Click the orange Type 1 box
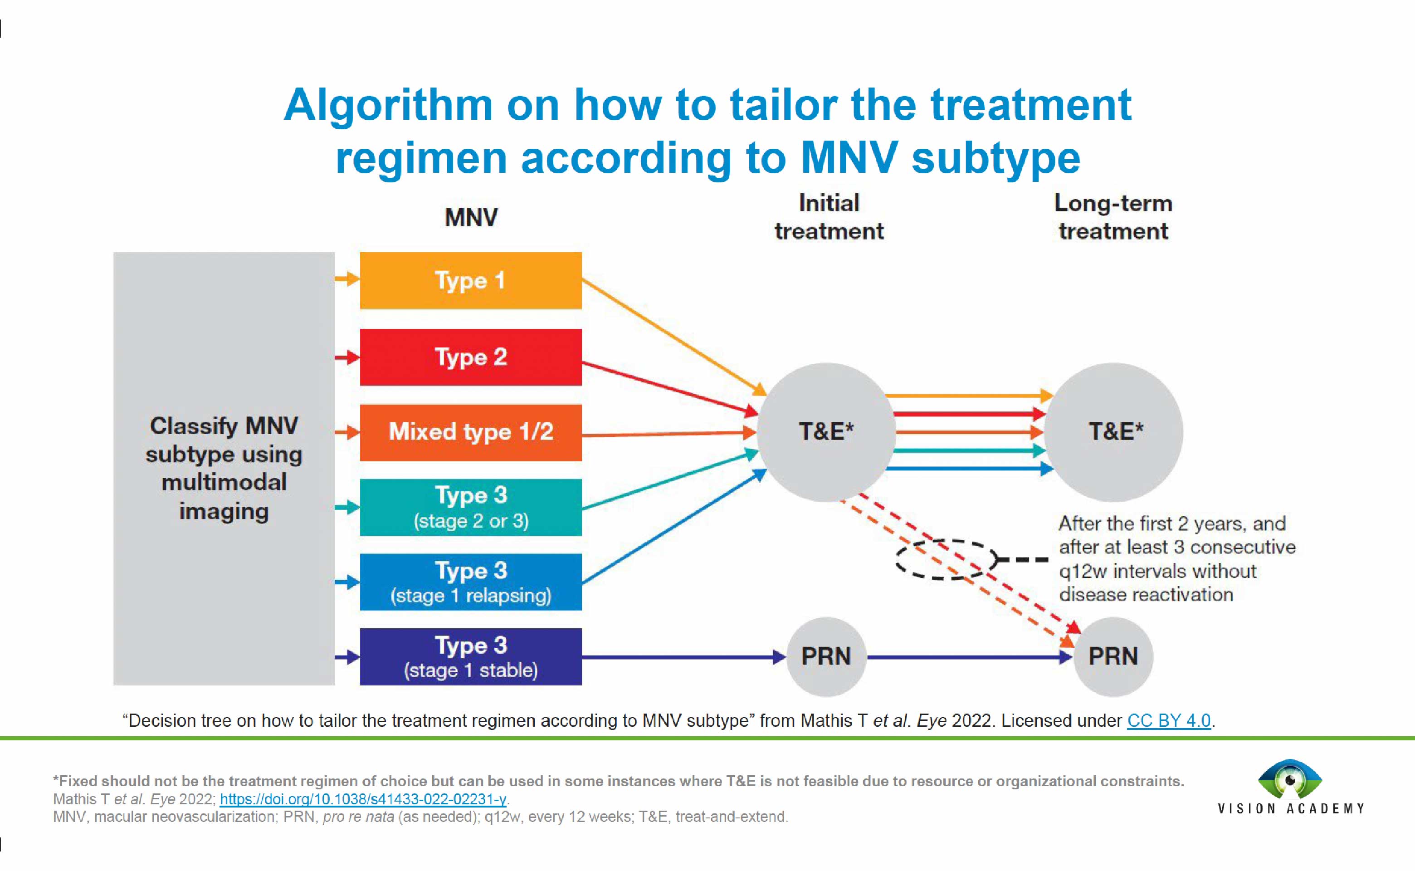point(470,280)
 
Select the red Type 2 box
point(470,357)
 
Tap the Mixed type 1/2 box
point(470,432)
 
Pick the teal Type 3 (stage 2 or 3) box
point(470,507)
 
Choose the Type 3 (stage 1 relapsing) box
point(470,582)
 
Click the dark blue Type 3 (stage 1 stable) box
point(470,657)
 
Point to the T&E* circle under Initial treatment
point(826,432)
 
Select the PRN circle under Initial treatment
point(826,657)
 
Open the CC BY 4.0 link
point(1169,721)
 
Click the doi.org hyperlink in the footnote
point(363,799)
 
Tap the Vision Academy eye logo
point(1290,779)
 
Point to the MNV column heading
point(470,218)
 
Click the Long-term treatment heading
point(1112,217)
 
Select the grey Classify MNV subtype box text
point(224,468)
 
